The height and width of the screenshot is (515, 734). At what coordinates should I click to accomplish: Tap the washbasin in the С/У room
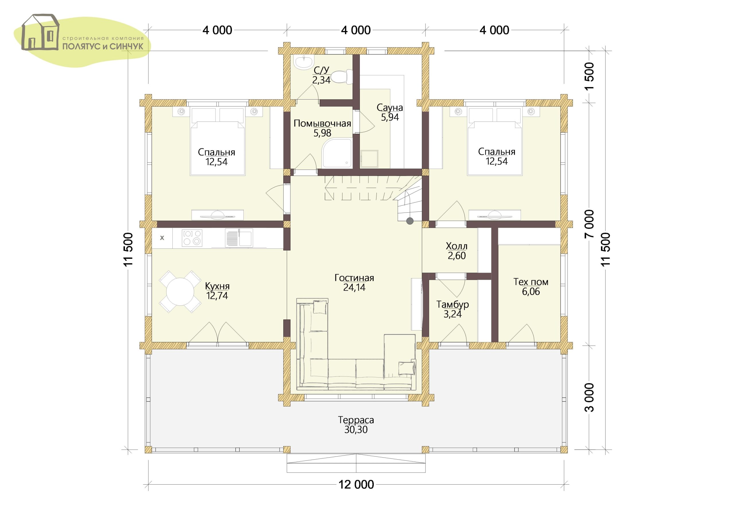(x=304, y=62)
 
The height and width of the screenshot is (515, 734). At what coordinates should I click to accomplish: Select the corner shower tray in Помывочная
(x=337, y=153)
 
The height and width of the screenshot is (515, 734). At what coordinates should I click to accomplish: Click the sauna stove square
(x=370, y=159)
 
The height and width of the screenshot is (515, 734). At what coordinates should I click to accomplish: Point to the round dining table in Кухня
(x=180, y=291)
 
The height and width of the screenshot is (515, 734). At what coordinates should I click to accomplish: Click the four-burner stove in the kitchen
(x=192, y=238)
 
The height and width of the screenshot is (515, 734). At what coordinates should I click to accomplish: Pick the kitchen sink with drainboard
(x=239, y=238)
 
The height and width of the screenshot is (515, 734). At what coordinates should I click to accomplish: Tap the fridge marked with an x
(x=162, y=238)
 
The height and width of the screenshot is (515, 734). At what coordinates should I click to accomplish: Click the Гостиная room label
(x=354, y=278)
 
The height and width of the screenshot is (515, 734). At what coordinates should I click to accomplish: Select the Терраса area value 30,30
(x=356, y=430)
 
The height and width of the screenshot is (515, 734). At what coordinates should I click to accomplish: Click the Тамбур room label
(x=453, y=304)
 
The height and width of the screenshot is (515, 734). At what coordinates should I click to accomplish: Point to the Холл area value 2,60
(x=456, y=256)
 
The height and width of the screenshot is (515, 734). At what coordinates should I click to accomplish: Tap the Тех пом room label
(x=531, y=282)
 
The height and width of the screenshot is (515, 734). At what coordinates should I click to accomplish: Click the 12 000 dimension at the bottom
(x=356, y=485)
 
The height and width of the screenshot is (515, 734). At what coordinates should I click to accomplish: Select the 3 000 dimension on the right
(x=590, y=397)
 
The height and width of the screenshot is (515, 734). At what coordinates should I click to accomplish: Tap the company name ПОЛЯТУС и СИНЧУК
(x=103, y=47)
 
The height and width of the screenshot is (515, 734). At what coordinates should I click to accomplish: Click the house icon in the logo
(x=40, y=32)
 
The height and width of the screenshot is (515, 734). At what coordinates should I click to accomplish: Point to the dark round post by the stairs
(x=410, y=221)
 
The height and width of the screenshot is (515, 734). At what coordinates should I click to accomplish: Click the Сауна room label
(x=390, y=108)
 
